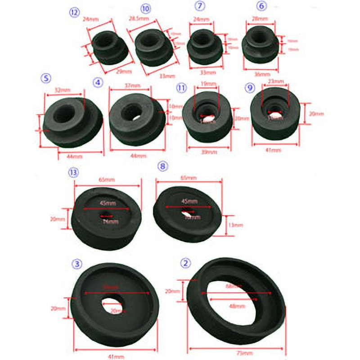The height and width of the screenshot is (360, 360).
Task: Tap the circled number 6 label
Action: (262, 6)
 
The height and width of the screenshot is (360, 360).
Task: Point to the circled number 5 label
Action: (46, 77)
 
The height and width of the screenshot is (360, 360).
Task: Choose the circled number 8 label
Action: (162, 166)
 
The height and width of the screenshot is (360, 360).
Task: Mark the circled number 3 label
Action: (77, 263)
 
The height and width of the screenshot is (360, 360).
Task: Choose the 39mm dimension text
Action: (210, 152)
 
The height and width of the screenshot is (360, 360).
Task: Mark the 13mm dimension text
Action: (234, 225)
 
